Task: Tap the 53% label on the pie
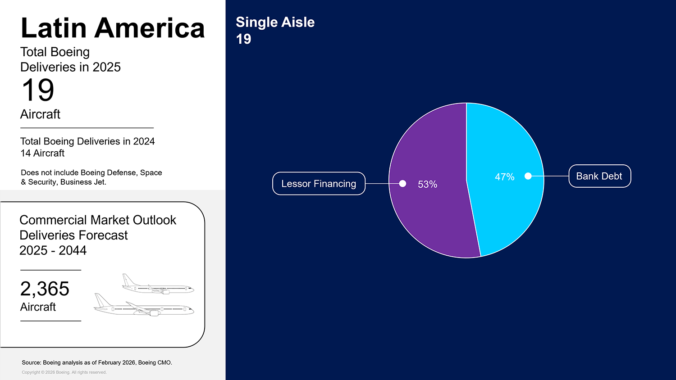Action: click(427, 184)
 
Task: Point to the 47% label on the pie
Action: click(505, 177)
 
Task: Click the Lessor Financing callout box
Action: click(319, 183)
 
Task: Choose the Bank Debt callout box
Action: click(600, 176)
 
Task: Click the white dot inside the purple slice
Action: click(402, 183)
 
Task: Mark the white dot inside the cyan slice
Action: click(528, 176)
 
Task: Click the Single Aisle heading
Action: click(275, 23)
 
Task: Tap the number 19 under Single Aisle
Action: click(243, 39)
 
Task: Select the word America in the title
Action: click(150, 28)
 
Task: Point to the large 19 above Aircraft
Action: click(38, 90)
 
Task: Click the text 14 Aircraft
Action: click(42, 153)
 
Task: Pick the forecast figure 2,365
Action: click(45, 289)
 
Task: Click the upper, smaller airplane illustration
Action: click(158, 284)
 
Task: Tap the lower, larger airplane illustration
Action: click(144, 305)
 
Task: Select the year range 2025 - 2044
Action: click(53, 250)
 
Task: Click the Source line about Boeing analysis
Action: click(97, 362)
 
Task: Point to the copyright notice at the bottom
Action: click(64, 372)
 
